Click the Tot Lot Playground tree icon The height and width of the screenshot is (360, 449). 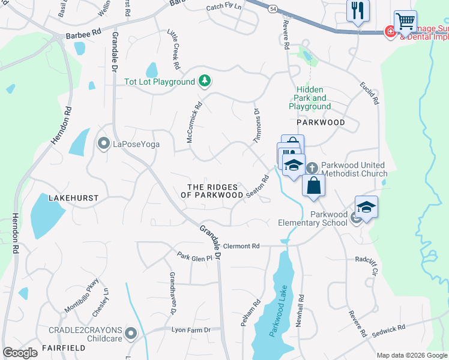205,81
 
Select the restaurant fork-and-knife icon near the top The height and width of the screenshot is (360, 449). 358,10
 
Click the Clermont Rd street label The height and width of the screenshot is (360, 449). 241,246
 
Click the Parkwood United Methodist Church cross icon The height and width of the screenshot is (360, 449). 312,167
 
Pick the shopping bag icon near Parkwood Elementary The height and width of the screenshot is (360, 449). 313,185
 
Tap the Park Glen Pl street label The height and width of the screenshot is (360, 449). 194,256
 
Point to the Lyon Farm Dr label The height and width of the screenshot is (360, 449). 191,330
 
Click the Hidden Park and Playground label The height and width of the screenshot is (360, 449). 310,98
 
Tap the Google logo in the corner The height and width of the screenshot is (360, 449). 20,353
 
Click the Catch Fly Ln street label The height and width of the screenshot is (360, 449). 223,7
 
